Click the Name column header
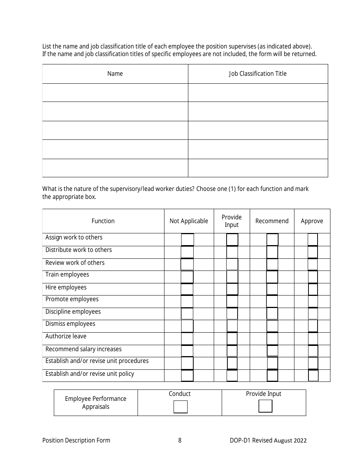pos(115,74)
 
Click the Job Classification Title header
pos(258,74)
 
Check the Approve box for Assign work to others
pos(313,239)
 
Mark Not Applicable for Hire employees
pos(187,289)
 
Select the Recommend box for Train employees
pos(272,277)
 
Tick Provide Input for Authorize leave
pos(232,339)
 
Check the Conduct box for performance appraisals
pos(180,407)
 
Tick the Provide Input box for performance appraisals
pos(265,406)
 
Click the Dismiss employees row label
pos(70,324)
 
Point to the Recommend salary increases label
pos(83,349)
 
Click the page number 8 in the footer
pos(180,440)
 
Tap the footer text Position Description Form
pos(76,440)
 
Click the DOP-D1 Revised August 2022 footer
pos(268,440)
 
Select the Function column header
pos(103,221)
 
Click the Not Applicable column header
pos(189,221)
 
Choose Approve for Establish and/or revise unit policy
pos(313,375)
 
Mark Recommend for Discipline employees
pos(272,314)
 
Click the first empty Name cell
pos(115,92)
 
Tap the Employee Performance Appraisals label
pos(95,403)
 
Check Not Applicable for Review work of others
pos(187,264)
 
